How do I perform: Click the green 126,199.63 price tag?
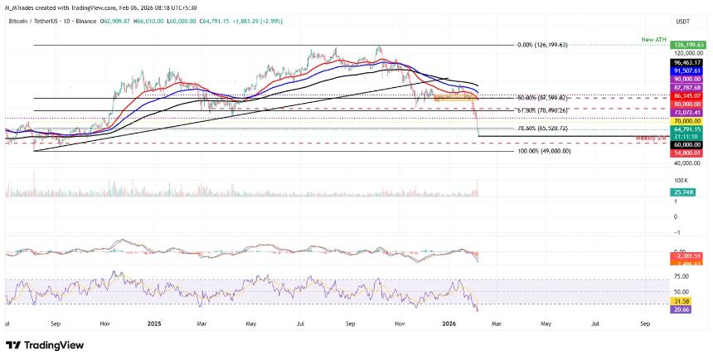point(687,46)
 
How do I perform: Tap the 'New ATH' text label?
point(652,39)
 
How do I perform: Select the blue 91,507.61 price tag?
point(687,71)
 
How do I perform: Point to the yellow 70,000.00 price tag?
point(687,120)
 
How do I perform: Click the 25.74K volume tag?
point(684,192)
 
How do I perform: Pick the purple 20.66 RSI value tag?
point(681,309)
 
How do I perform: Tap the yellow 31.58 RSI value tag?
point(681,300)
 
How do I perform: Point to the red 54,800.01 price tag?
point(687,153)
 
